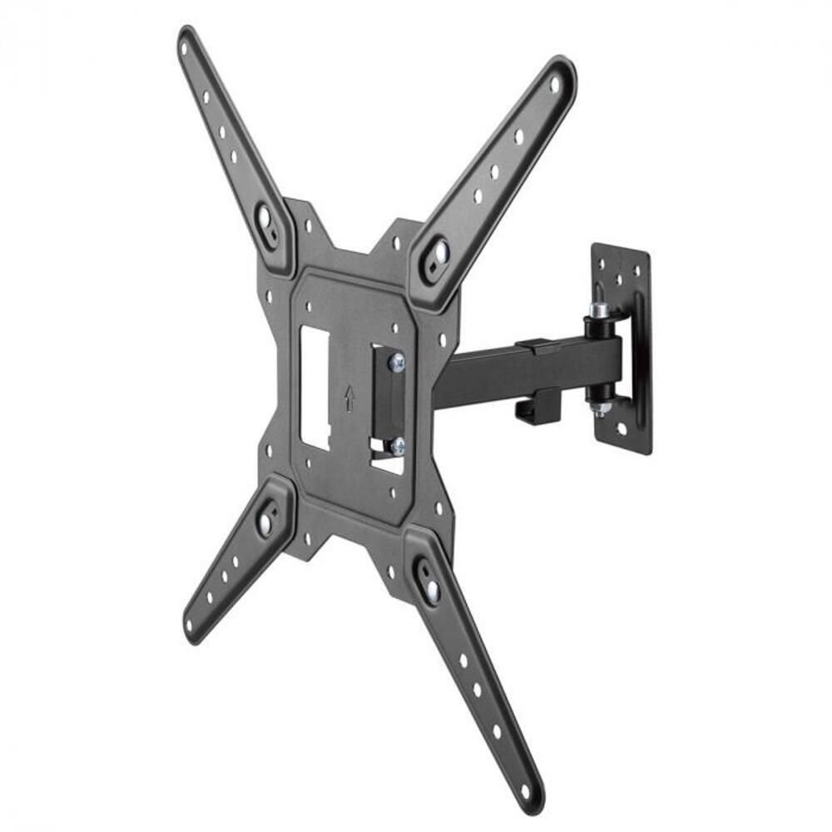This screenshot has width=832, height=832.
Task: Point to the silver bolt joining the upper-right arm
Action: [438, 252]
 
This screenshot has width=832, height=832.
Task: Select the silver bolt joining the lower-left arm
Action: [265, 522]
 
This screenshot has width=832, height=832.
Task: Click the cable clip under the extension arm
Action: [532, 406]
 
